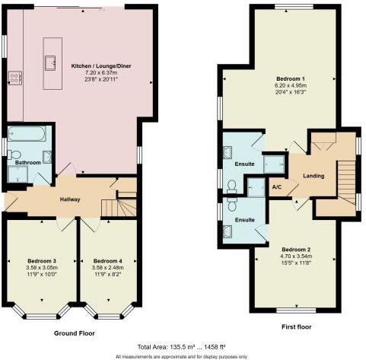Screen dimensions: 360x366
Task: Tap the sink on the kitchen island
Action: click(53, 62)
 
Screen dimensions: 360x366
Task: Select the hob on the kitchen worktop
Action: click(14, 76)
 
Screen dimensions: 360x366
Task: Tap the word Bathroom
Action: click(27, 162)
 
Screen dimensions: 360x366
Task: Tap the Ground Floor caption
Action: click(75, 333)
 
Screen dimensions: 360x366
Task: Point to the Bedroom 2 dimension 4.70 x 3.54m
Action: click(297, 257)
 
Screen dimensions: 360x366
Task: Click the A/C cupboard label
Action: click(277, 186)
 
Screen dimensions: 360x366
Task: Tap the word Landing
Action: click(313, 176)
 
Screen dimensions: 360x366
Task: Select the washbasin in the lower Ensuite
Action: click(229, 230)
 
